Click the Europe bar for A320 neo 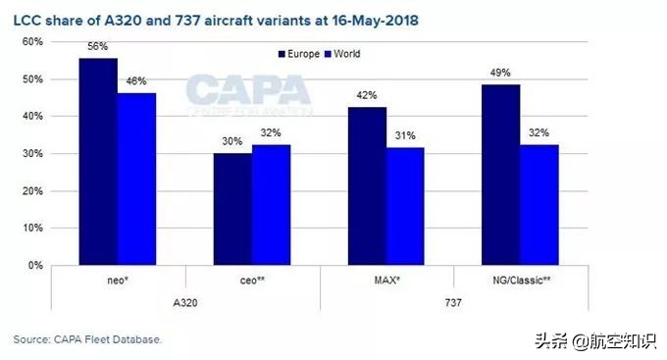coord(98,162)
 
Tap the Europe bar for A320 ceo coord(231,209)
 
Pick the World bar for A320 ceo coord(271,205)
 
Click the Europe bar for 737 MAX coord(366,186)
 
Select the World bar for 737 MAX coord(404,207)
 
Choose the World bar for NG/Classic coord(539,205)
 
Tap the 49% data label coord(499,73)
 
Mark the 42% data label coord(366,96)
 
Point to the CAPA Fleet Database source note coord(86,339)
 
